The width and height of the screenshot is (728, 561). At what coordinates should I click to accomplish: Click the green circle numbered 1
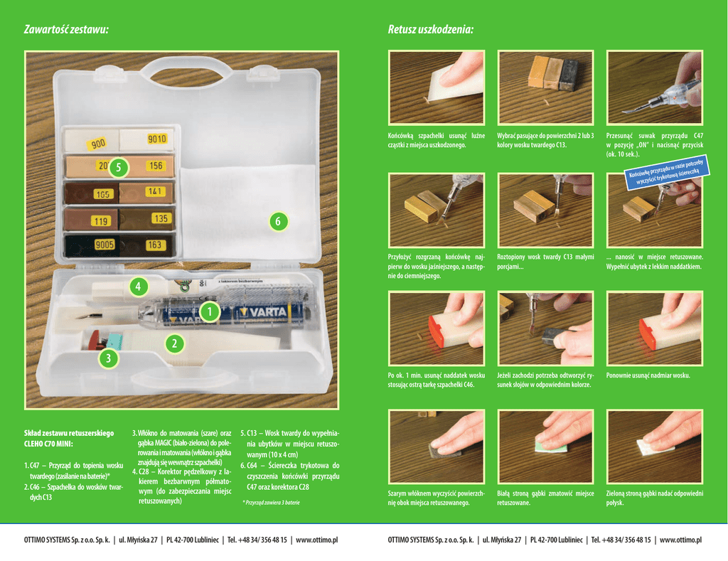pyautogui.click(x=209, y=312)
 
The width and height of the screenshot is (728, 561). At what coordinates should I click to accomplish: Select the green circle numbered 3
pyautogui.click(x=108, y=359)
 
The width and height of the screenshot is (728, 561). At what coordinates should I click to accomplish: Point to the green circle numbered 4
pyautogui.click(x=139, y=287)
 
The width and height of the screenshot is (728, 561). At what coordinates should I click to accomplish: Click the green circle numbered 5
pyautogui.click(x=119, y=168)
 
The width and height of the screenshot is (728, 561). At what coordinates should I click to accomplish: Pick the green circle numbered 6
pyautogui.click(x=279, y=222)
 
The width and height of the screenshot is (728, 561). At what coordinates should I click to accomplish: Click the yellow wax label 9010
pyautogui.click(x=157, y=139)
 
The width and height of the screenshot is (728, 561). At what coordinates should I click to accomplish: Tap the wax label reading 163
pyautogui.click(x=155, y=245)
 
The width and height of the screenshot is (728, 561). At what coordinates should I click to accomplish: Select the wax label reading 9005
pyautogui.click(x=105, y=245)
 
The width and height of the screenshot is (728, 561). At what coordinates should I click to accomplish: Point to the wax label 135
pyautogui.click(x=161, y=219)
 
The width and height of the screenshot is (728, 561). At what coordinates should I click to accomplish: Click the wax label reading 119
pyautogui.click(x=100, y=221)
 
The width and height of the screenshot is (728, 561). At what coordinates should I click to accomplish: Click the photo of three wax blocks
pyautogui.click(x=545, y=87)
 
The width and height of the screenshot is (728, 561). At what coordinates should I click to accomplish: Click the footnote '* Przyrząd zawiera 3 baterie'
pyautogui.click(x=271, y=502)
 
